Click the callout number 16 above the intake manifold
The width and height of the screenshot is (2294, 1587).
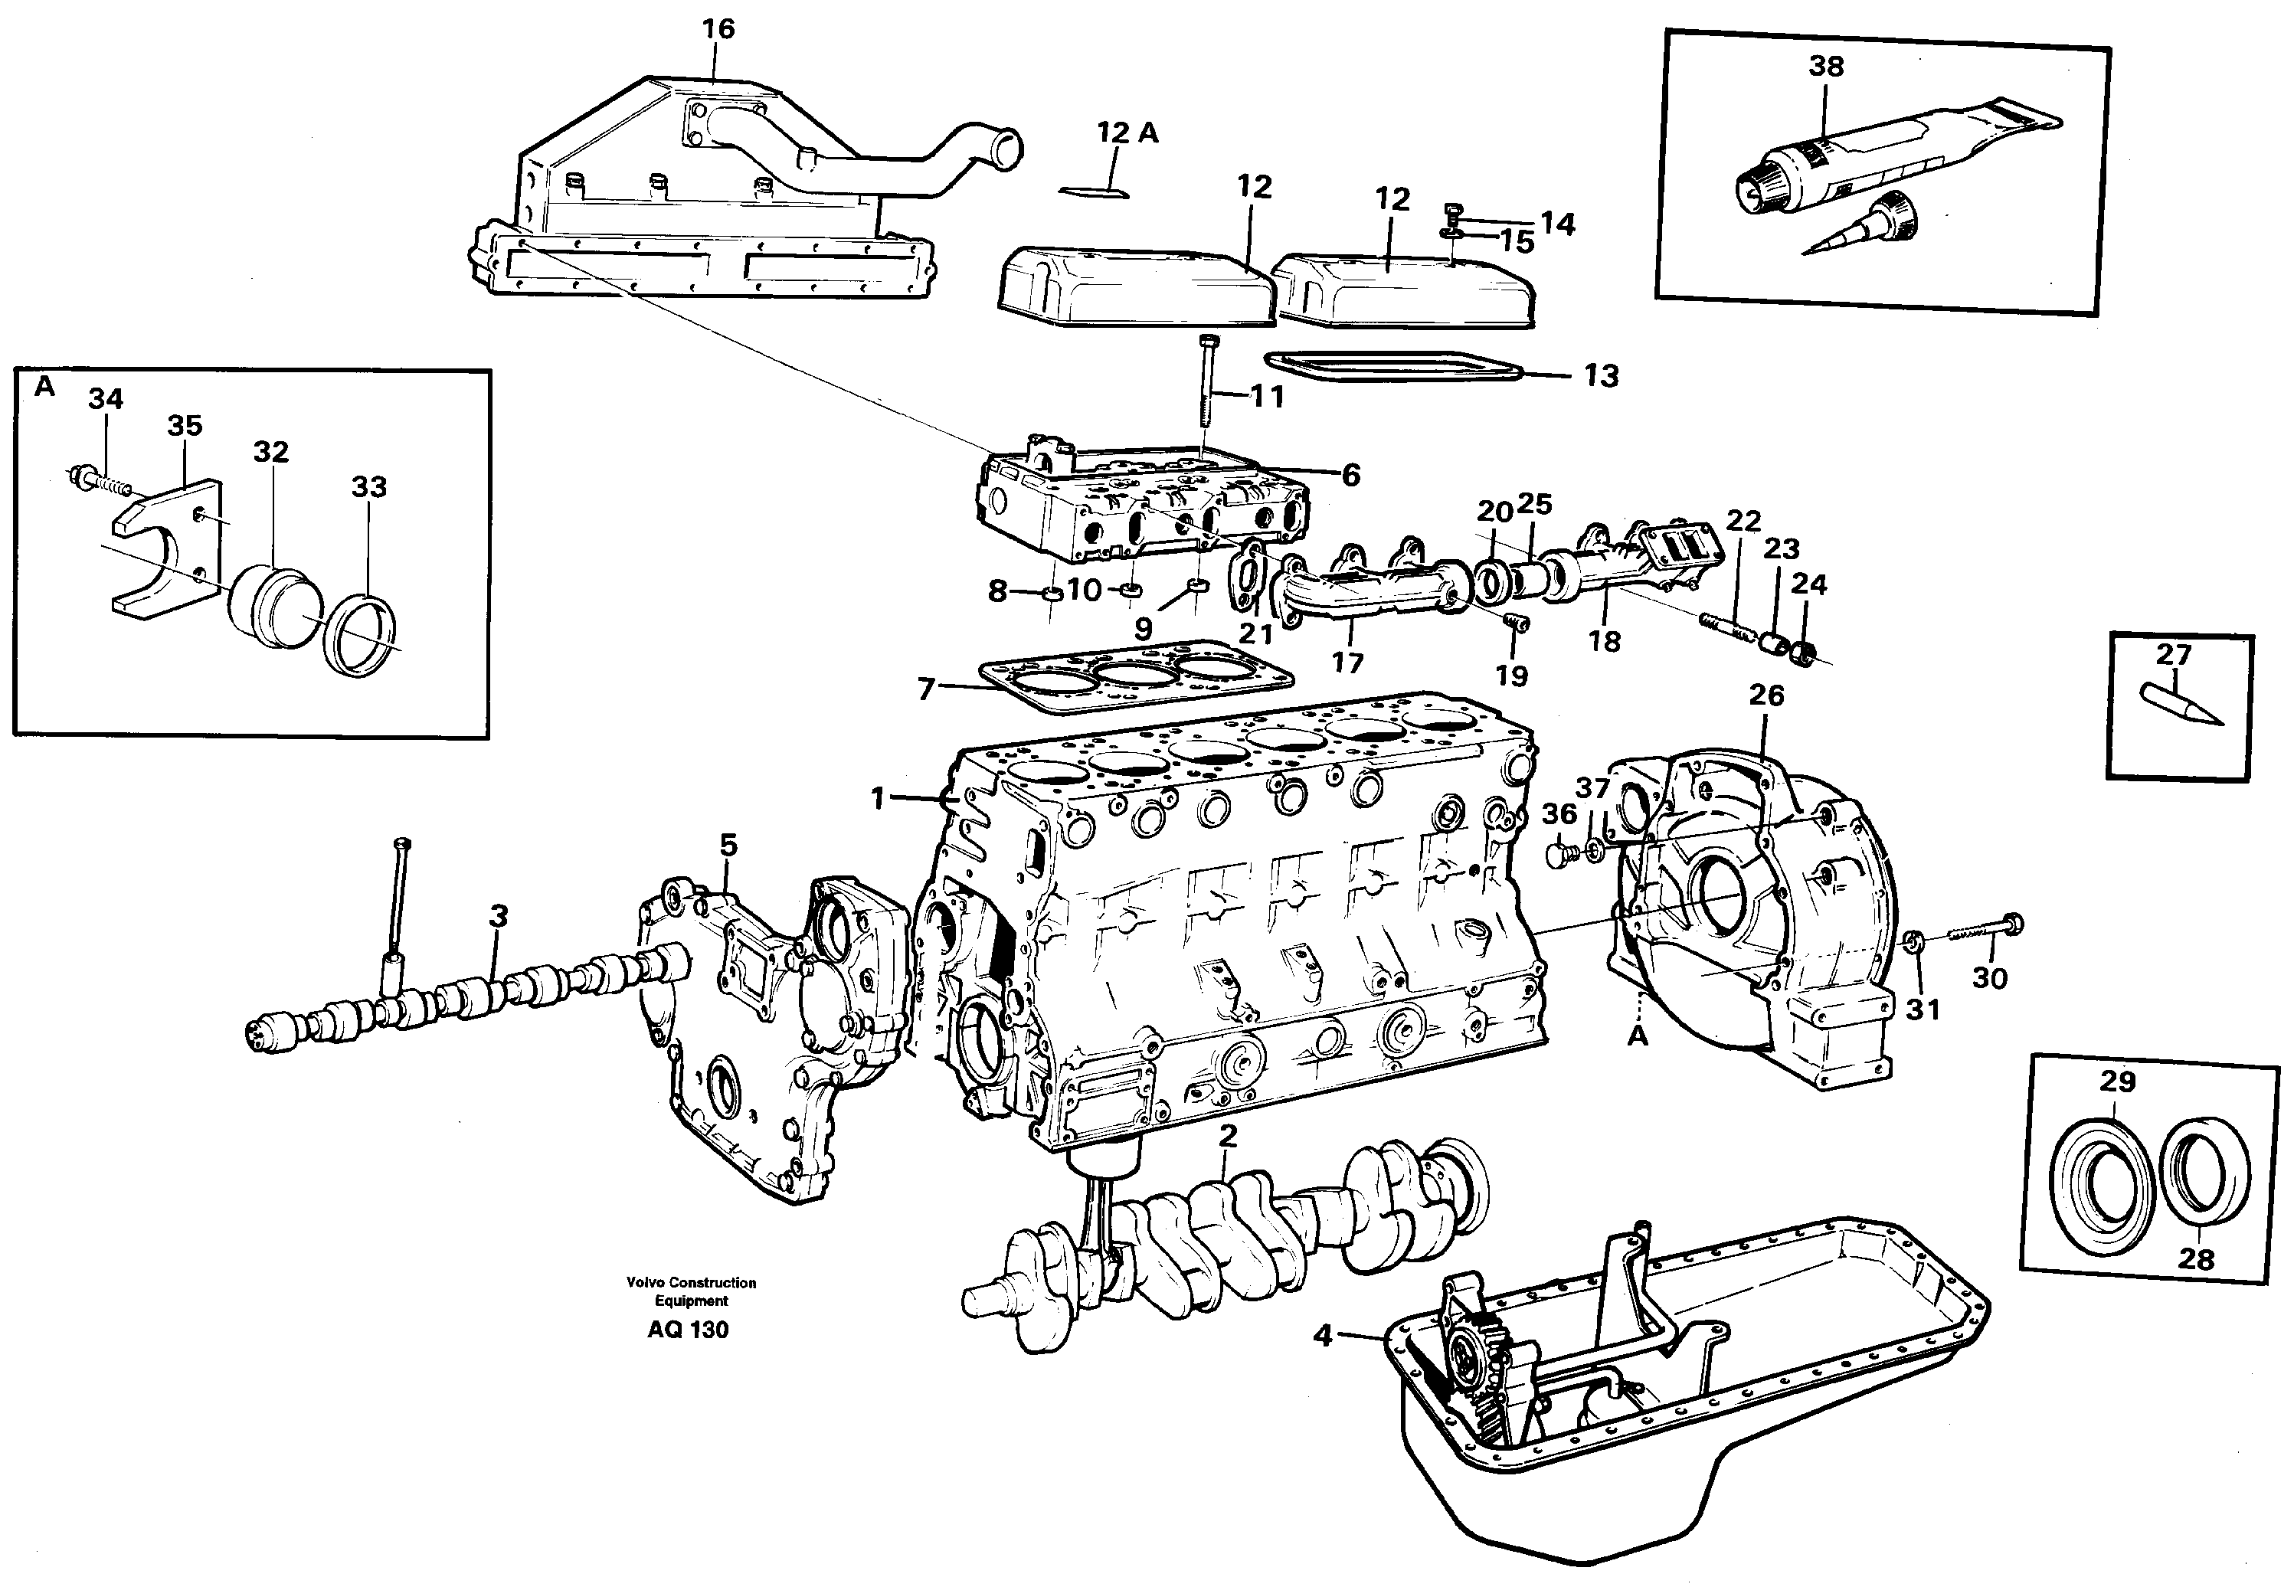[x=718, y=30]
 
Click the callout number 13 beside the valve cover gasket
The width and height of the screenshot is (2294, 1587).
[x=1600, y=376]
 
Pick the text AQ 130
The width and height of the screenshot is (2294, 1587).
[x=688, y=1330]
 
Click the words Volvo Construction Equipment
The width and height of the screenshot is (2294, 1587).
[x=691, y=1291]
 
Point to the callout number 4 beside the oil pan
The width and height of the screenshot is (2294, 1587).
[x=1323, y=1337]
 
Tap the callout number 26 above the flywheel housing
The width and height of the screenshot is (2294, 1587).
[x=1766, y=695]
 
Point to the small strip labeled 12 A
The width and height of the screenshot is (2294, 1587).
[x=1094, y=190]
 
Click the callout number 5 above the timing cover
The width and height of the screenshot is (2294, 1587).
[x=729, y=846]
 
